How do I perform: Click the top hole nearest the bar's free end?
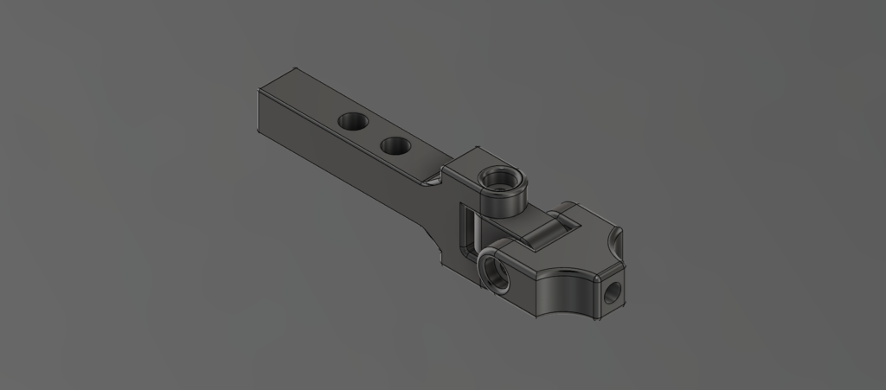click(x=351, y=121)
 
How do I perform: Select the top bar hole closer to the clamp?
click(x=395, y=146)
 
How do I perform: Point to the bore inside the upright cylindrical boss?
click(x=499, y=181)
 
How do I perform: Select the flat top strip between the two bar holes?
click(x=373, y=133)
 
